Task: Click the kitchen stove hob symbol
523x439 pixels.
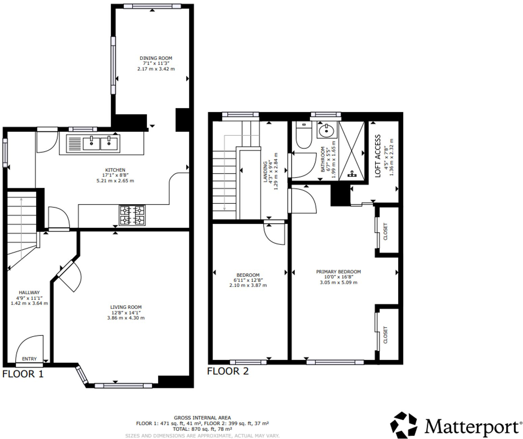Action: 132,215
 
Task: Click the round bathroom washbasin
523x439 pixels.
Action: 326,130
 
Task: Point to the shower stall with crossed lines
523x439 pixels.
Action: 351,151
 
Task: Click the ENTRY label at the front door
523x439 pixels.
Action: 29,359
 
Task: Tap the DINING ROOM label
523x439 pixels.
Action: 156,58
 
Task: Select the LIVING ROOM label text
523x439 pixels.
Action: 126,307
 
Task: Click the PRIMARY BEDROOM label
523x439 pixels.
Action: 338,272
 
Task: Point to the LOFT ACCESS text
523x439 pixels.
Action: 378,156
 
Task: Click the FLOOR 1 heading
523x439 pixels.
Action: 23,374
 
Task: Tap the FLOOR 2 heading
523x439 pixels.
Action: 228,371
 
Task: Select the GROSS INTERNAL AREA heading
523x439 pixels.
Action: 202,418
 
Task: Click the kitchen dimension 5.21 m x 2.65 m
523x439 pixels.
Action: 115,181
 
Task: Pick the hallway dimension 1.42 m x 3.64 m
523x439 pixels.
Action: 29,303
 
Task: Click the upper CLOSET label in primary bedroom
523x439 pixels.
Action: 386,232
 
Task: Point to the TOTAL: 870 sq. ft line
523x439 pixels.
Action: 202,429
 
